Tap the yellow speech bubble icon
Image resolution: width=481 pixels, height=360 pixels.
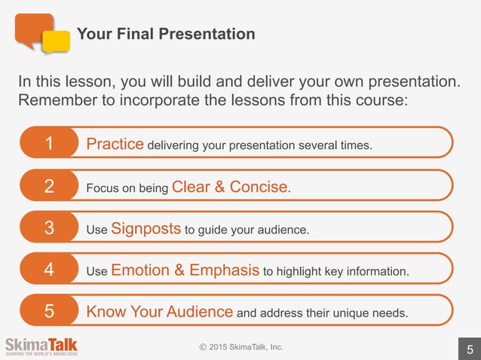(57, 42)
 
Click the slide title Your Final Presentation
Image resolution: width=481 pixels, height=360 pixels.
(166, 34)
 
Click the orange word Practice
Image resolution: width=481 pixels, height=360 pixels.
(115, 143)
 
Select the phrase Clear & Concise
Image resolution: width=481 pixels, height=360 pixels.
(230, 187)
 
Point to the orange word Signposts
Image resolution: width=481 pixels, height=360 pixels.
(146, 228)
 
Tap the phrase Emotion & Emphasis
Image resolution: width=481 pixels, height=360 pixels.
(185, 270)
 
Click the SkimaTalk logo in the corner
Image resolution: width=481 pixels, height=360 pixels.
(41, 346)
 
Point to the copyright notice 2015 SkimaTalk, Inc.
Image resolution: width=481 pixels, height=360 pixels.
(240, 347)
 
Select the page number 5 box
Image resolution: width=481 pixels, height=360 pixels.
(469, 349)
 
